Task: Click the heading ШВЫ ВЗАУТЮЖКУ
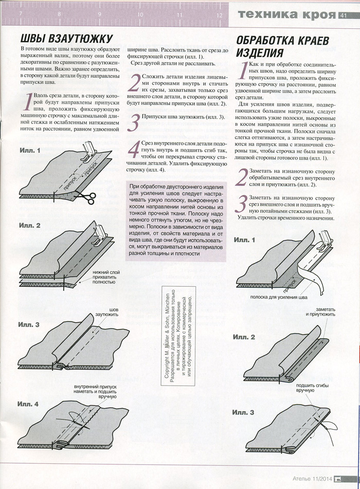[x=66, y=39]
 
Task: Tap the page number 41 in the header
[x=344, y=15]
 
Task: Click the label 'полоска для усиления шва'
[x=280, y=298]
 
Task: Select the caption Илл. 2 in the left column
[x=30, y=226]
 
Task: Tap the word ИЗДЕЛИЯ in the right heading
[x=259, y=53]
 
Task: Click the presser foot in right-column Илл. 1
[x=323, y=239]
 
